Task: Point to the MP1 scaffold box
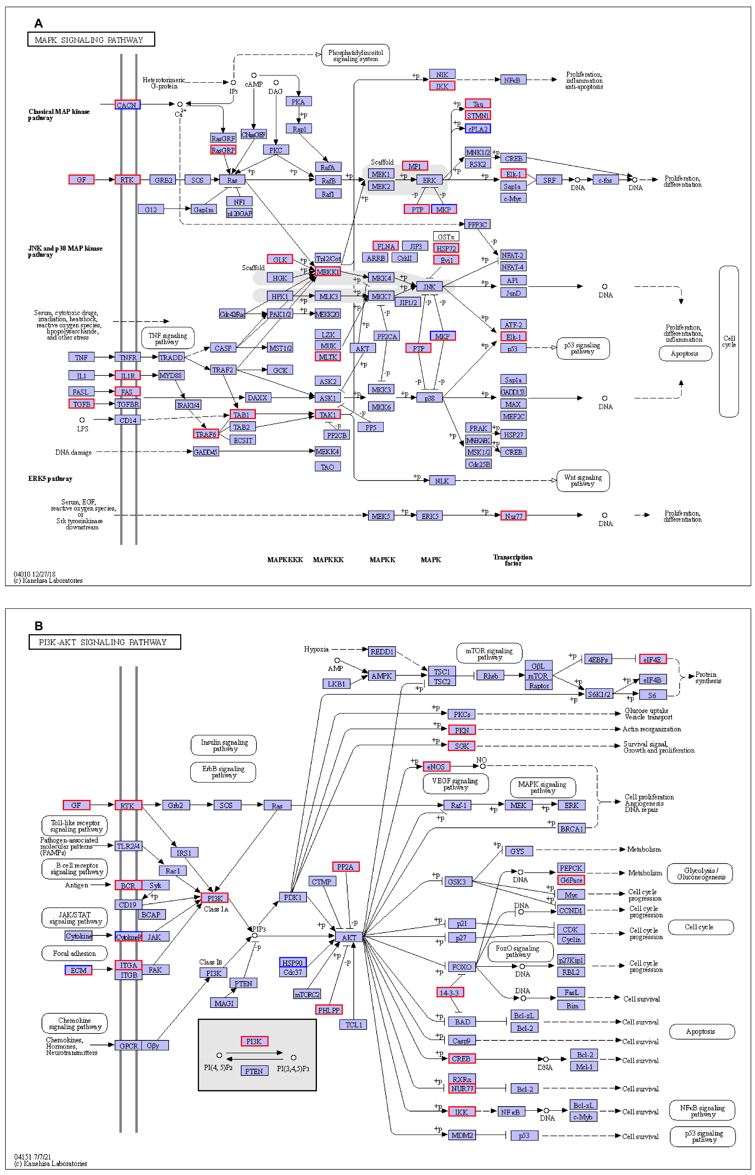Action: (415, 166)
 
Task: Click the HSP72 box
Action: (446, 249)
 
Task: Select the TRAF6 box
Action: (206, 434)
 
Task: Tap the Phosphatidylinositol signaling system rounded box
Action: (355, 55)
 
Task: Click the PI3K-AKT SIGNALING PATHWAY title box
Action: (105, 642)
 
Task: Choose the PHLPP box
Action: (329, 1010)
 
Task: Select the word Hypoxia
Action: (316, 650)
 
